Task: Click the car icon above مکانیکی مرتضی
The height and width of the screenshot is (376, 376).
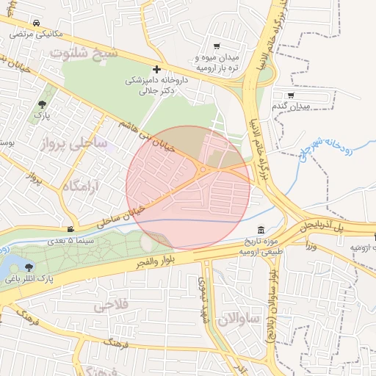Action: (x=36, y=23)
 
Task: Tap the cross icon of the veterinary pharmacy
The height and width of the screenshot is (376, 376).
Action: (x=156, y=68)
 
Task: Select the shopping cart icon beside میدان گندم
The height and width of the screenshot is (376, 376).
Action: (x=291, y=95)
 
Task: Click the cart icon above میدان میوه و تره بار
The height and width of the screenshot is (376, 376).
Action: (x=217, y=46)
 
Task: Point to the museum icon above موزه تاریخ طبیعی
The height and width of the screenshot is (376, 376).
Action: (x=262, y=231)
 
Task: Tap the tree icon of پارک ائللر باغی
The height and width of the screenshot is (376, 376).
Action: (x=29, y=267)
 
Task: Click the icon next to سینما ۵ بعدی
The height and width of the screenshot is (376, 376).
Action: (x=70, y=229)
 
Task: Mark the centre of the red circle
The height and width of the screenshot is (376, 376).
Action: (x=188, y=188)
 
